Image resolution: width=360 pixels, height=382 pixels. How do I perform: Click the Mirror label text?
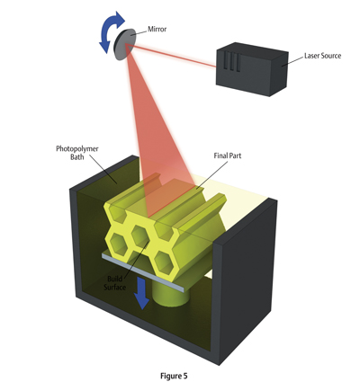coord(157,30)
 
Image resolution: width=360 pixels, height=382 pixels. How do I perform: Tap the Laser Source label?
coord(322,56)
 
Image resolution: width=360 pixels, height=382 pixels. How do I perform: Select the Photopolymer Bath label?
coord(77,153)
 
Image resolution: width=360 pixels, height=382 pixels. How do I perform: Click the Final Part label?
coord(228,155)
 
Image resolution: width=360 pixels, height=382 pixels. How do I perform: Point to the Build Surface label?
coord(115,283)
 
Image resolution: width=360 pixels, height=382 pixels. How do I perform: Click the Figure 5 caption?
coord(174,376)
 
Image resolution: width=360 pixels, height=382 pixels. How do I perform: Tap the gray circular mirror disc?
coord(123,44)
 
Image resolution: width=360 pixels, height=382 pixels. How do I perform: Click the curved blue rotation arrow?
coord(112,31)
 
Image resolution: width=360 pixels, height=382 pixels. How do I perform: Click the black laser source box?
coord(252,69)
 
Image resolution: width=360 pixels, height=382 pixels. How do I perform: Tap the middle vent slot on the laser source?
coord(231,62)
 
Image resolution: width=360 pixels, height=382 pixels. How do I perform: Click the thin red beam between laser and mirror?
coord(171,56)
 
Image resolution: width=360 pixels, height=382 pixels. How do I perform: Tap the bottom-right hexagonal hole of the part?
coord(164,263)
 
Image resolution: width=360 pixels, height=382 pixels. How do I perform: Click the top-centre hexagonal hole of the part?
coord(140,235)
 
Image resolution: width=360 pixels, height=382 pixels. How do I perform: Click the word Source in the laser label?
coord(330,56)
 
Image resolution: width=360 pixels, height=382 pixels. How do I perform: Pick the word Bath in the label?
coord(77,156)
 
